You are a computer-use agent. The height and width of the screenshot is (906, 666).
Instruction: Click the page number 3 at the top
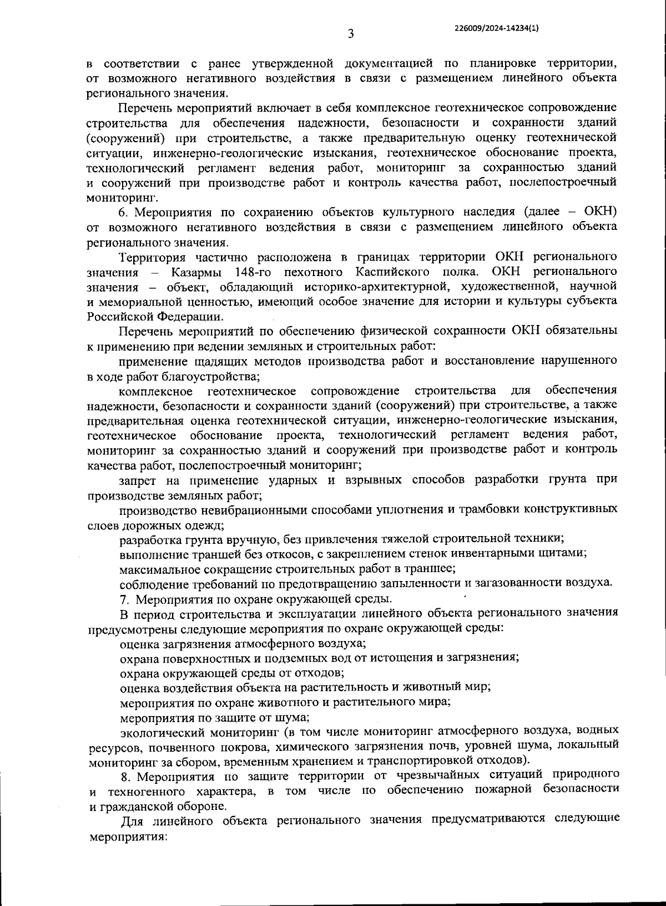[351, 34]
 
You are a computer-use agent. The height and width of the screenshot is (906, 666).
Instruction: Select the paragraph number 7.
[124, 599]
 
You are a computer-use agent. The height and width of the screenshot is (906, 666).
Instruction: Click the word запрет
[138, 479]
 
